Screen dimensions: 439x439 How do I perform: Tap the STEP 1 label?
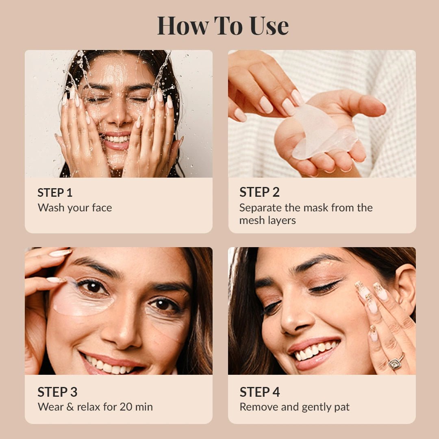(55, 192)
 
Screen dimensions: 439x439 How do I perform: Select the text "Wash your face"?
(74, 208)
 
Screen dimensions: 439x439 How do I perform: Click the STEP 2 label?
(259, 192)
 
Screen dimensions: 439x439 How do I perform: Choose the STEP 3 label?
(57, 392)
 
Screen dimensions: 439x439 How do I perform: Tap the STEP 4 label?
(259, 392)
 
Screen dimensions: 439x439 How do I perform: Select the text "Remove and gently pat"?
(294, 407)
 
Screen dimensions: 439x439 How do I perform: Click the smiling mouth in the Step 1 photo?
(117, 140)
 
